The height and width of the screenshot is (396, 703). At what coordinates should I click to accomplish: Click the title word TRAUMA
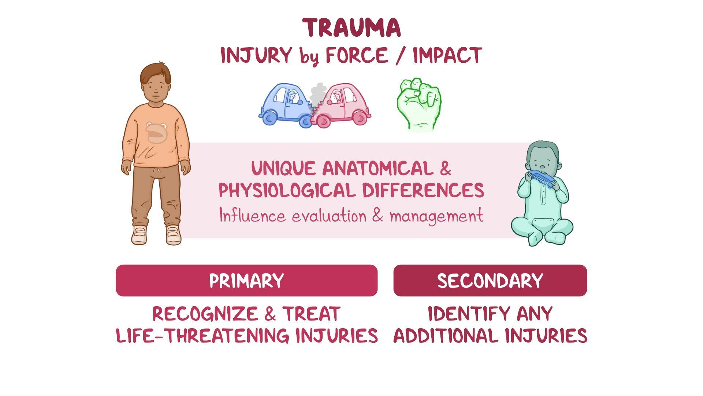pyautogui.click(x=351, y=28)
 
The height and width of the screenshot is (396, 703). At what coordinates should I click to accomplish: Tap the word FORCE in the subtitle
pyautogui.click(x=357, y=56)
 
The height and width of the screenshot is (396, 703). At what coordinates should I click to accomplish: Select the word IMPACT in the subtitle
pyautogui.click(x=447, y=56)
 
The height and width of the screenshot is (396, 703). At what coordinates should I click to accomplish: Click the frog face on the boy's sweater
pyautogui.click(x=156, y=132)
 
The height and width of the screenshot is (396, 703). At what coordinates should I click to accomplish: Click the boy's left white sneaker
pyautogui.click(x=174, y=235)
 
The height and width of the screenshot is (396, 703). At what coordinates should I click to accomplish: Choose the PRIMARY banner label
pyautogui.click(x=246, y=281)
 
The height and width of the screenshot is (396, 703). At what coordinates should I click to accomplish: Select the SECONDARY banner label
pyautogui.click(x=490, y=281)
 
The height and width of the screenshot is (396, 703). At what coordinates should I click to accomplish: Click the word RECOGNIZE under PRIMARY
pyautogui.click(x=205, y=314)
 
